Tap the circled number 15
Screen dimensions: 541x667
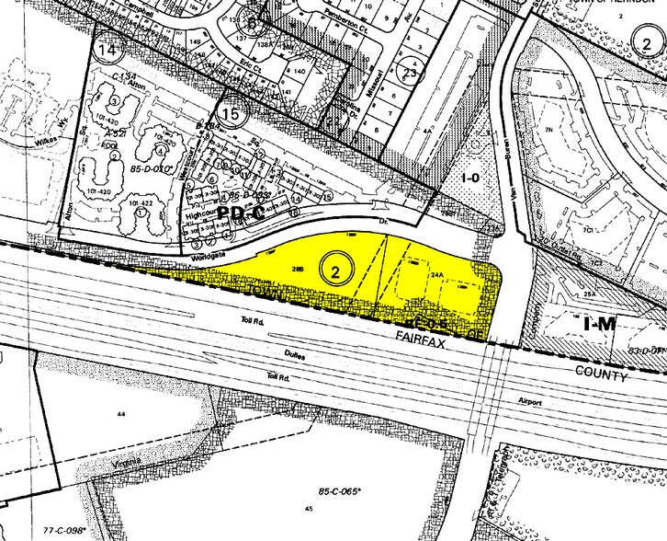pos(233,114)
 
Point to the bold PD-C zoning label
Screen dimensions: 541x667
pos(244,213)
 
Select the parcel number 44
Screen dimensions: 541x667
pos(119,417)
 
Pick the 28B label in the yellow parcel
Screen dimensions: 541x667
pos(297,268)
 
